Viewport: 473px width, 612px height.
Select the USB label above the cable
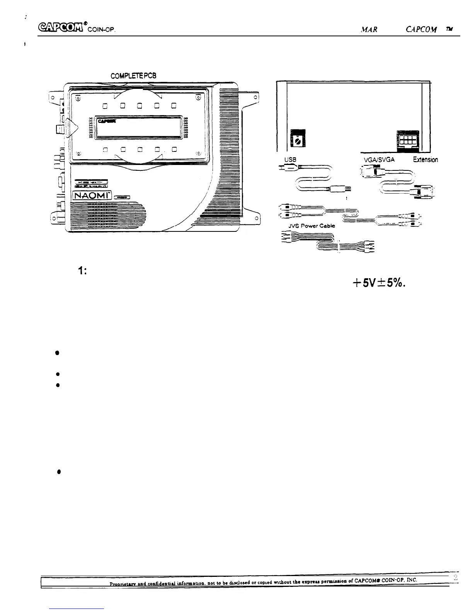[x=290, y=160]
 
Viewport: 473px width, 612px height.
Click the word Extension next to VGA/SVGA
[x=425, y=160]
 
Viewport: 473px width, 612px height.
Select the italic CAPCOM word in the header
[x=421, y=29]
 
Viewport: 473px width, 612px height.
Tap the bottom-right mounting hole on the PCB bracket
[x=255, y=219]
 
